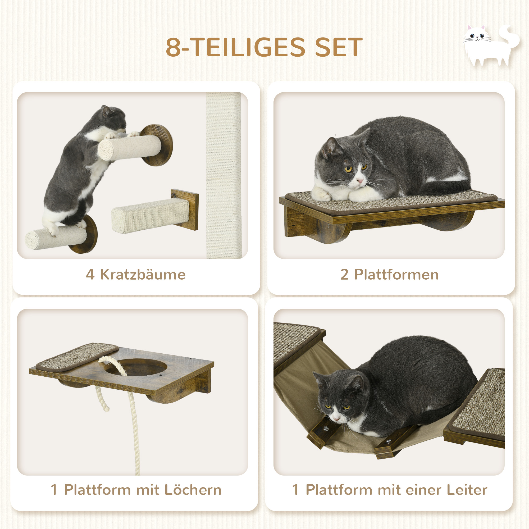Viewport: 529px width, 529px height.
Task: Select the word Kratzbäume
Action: click(143, 275)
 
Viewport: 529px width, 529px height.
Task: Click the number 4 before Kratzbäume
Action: click(90, 275)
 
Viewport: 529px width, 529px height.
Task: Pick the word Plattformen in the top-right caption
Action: click(396, 275)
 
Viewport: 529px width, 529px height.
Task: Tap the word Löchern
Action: click(193, 490)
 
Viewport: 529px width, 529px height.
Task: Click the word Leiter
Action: click(467, 490)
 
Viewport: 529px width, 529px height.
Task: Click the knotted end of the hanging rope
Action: click(106, 408)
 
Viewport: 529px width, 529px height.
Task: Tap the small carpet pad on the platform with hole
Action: click(77, 357)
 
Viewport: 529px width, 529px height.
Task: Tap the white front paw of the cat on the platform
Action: click(322, 194)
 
